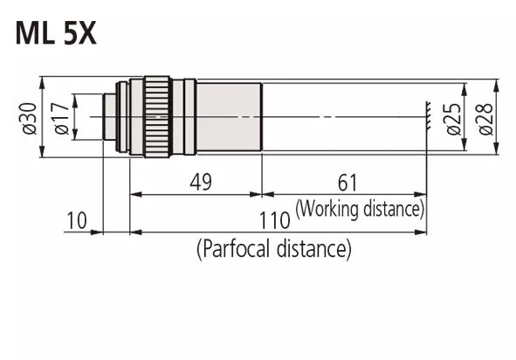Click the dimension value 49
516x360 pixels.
click(201, 182)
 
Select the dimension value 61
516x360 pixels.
click(347, 182)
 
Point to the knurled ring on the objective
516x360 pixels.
click(157, 116)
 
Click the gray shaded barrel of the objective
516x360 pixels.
click(229, 116)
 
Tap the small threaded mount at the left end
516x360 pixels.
click(110, 116)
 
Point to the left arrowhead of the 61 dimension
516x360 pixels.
click(266, 194)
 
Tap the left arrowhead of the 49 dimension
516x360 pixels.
click(134, 194)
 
